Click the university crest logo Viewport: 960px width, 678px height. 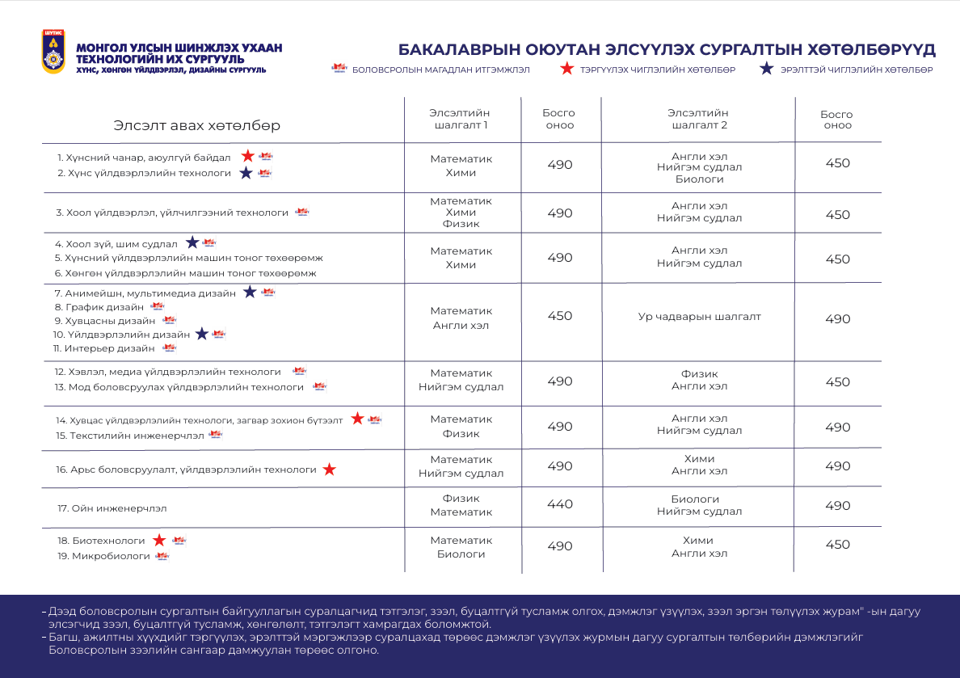pos(54,52)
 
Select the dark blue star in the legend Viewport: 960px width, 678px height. pos(767,69)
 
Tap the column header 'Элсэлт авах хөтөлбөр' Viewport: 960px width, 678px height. pos(197,125)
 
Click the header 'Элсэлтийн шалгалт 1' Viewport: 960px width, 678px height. pos(459,119)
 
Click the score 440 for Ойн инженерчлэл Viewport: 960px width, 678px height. pos(560,504)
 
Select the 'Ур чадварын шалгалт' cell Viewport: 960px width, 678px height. pos(699,317)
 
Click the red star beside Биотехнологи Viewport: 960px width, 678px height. pos(159,540)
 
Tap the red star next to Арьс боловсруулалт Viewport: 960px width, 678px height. pos(329,470)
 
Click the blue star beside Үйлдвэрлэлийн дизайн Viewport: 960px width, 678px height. pos(201,334)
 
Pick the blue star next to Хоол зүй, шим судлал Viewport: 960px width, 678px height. pos(192,242)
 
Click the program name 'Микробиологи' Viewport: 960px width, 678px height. pos(103,556)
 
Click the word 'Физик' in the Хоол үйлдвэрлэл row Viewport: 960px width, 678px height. pos(461,224)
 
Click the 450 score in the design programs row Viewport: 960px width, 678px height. pos(560,316)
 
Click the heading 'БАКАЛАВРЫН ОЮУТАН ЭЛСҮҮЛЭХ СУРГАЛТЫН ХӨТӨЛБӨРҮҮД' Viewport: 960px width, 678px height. pos(667,49)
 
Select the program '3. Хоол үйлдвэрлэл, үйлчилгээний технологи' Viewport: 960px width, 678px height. pos(172,213)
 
